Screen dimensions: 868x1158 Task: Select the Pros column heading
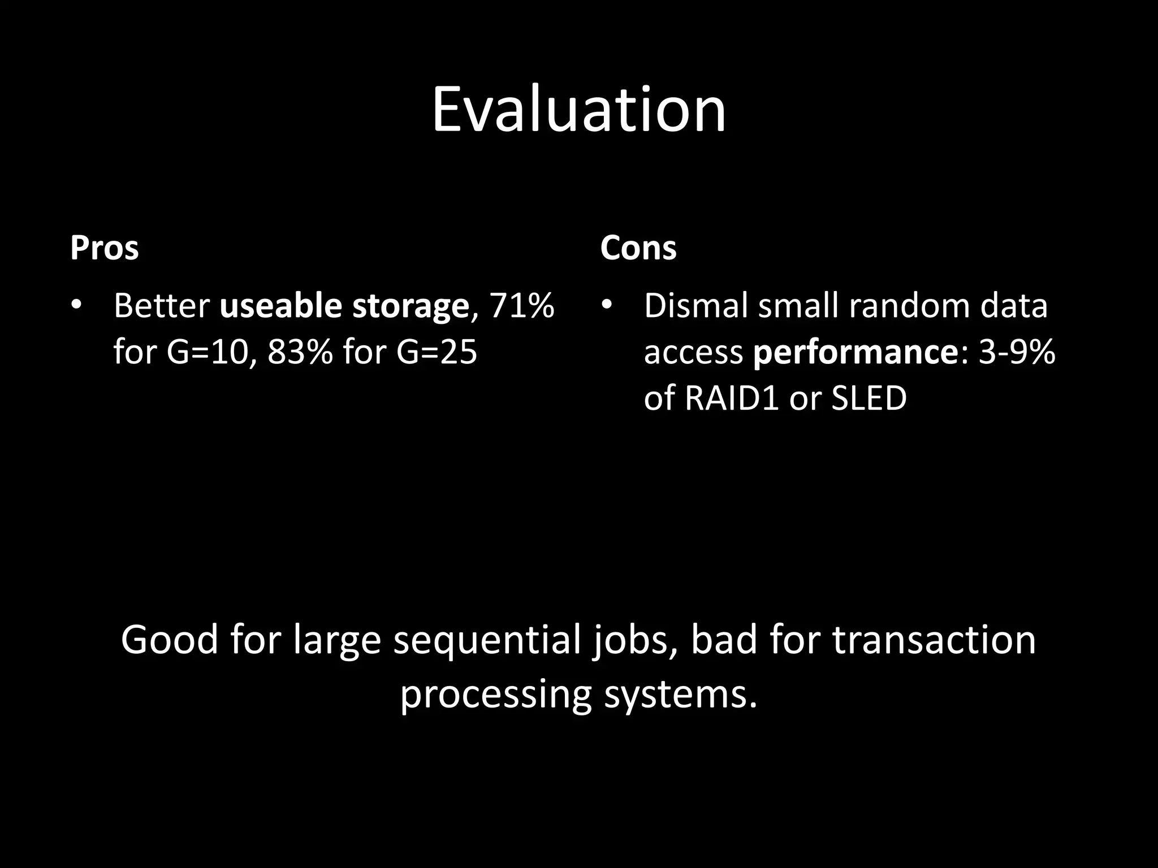[x=104, y=249]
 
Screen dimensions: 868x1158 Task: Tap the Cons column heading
[x=638, y=249]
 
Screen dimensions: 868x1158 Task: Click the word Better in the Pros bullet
[x=162, y=306]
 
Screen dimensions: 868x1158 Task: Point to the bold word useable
[x=280, y=306]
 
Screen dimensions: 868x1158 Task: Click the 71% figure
[x=521, y=306]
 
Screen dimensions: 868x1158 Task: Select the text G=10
[x=208, y=352]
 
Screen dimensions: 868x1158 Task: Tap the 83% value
[x=300, y=352]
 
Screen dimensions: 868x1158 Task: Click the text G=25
[x=437, y=352]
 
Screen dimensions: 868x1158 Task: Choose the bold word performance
[x=855, y=353]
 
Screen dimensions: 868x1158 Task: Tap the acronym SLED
[x=869, y=398]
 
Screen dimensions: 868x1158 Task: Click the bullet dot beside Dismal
[x=607, y=306]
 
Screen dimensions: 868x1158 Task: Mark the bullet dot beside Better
[x=76, y=306]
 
